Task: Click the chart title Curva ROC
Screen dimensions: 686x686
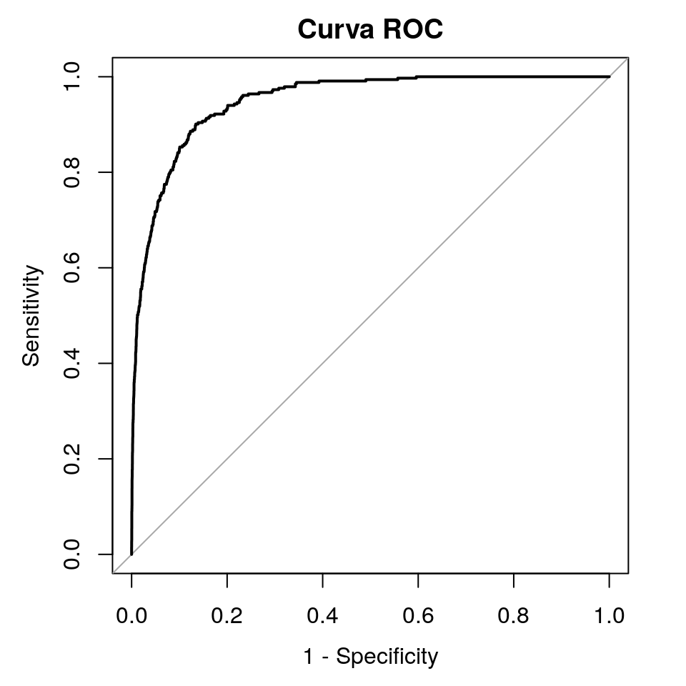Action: [x=371, y=30]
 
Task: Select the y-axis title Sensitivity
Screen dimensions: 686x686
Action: [x=31, y=315]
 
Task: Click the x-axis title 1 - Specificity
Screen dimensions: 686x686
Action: [x=370, y=656]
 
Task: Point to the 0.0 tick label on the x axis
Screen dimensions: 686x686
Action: [x=131, y=615]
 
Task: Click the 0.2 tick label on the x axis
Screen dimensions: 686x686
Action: [x=227, y=615]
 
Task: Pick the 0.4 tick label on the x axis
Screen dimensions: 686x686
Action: [x=322, y=615]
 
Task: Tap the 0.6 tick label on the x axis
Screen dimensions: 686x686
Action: [x=418, y=615]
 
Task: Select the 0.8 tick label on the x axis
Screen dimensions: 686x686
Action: [x=514, y=615]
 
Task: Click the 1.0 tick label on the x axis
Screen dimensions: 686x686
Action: [x=609, y=615]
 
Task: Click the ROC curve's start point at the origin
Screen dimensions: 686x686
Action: [x=131, y=554]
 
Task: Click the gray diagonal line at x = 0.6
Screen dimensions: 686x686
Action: [x=418, y=267]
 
